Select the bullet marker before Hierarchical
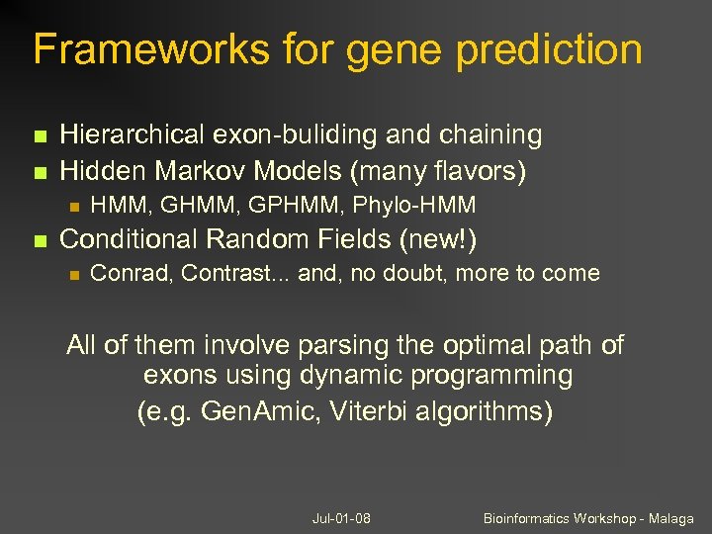tap(39, 135)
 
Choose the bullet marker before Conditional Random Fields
tap(39, 239)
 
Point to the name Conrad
tap(130, 273)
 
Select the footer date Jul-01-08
tap(341, 518)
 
